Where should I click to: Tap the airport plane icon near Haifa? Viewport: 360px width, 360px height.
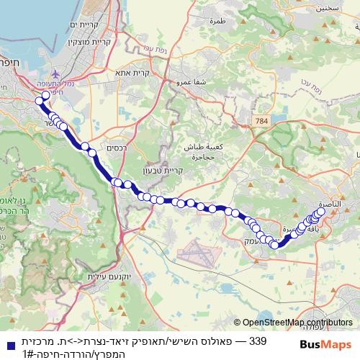pyautogui.click(x=55, y=74)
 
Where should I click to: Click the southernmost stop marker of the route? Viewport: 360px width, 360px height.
pyautogui.click(x=274, y=245)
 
